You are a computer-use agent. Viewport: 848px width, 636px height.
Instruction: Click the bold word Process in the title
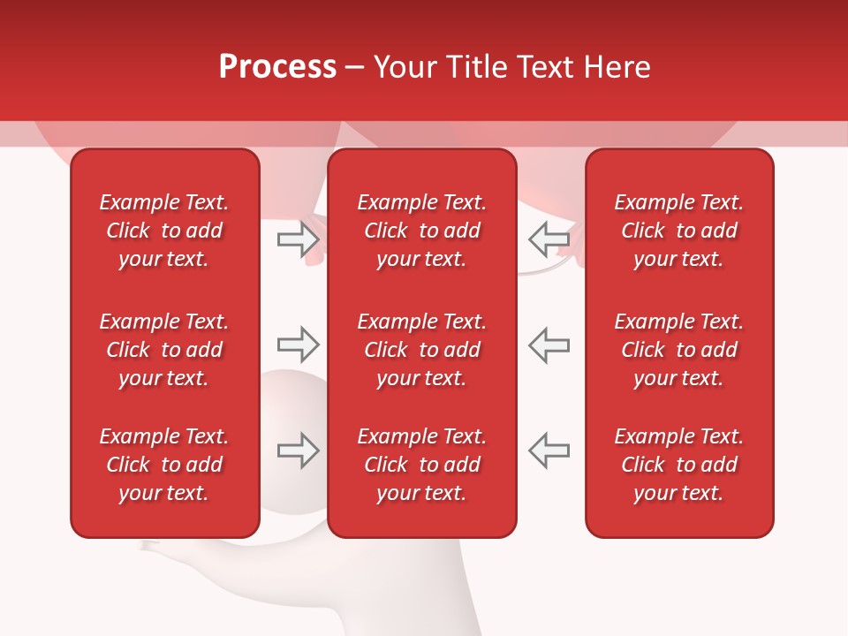[277, 66]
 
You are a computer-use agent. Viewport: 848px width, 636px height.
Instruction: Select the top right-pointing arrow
[299, 238]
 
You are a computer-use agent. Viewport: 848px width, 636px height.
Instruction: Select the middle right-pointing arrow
[299, 344]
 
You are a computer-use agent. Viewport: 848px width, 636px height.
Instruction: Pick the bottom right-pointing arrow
[299, 450]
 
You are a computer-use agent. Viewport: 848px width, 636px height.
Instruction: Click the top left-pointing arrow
[549, 238]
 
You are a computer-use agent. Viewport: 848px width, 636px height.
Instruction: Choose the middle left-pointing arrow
[549, 344]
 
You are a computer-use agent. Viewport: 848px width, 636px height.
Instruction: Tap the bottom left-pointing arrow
[549, 450]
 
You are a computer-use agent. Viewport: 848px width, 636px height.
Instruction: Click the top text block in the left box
[164, 231]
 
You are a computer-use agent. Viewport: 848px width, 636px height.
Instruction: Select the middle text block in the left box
[164, 350]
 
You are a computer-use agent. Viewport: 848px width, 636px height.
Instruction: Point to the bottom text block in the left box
[164, 465]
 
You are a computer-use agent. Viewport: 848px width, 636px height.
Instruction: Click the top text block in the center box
[421, 231]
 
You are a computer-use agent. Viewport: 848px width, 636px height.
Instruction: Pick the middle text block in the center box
[421, 350]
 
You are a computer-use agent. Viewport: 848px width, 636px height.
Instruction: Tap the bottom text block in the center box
[421, 465]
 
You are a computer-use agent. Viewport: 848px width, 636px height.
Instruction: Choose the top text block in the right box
[678, 231]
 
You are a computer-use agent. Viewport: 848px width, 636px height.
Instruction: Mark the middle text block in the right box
[678, 350]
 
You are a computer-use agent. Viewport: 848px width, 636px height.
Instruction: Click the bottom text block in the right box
[678, 465]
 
